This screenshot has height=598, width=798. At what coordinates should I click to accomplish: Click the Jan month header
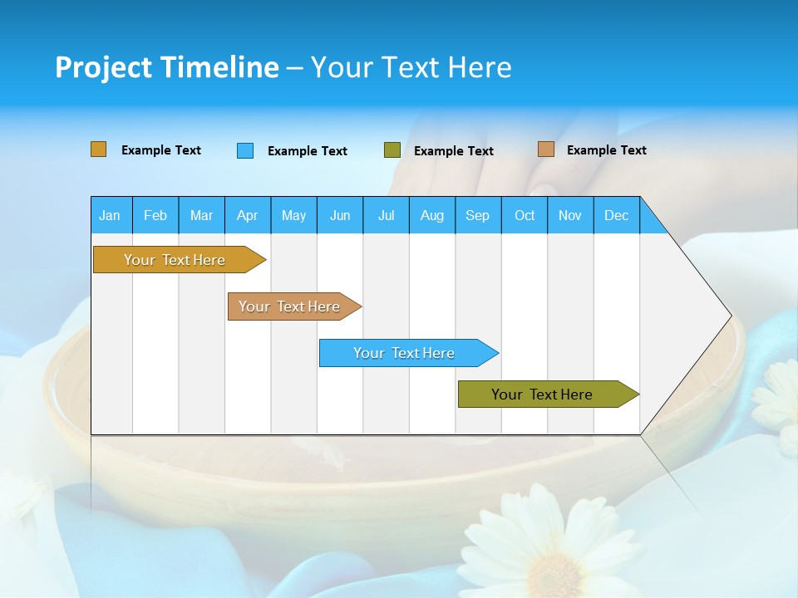coord(110,215)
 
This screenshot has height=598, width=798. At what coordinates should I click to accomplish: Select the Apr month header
coord(247,215)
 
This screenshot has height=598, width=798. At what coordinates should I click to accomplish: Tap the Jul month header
coord(386,215)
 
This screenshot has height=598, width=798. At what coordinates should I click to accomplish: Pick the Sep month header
coord(477,215)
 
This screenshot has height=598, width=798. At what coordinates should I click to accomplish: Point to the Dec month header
coord(616,215)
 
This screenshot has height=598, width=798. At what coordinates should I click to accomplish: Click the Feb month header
coord(155,215)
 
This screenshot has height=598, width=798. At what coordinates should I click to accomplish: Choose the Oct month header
coord(525,215)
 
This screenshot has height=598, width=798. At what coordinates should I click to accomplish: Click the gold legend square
coord(99,149)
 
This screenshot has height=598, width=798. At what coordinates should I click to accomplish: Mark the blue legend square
coord(245,150)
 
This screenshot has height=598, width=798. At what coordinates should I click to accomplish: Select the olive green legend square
coord(392,150)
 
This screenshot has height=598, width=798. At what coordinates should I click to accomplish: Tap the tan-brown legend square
coord(546,149)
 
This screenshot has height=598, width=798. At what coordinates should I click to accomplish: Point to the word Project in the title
coord(102,67)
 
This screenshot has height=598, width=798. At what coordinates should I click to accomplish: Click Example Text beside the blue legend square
coord(307,151)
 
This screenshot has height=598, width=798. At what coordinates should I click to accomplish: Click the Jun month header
coord(340,215)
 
